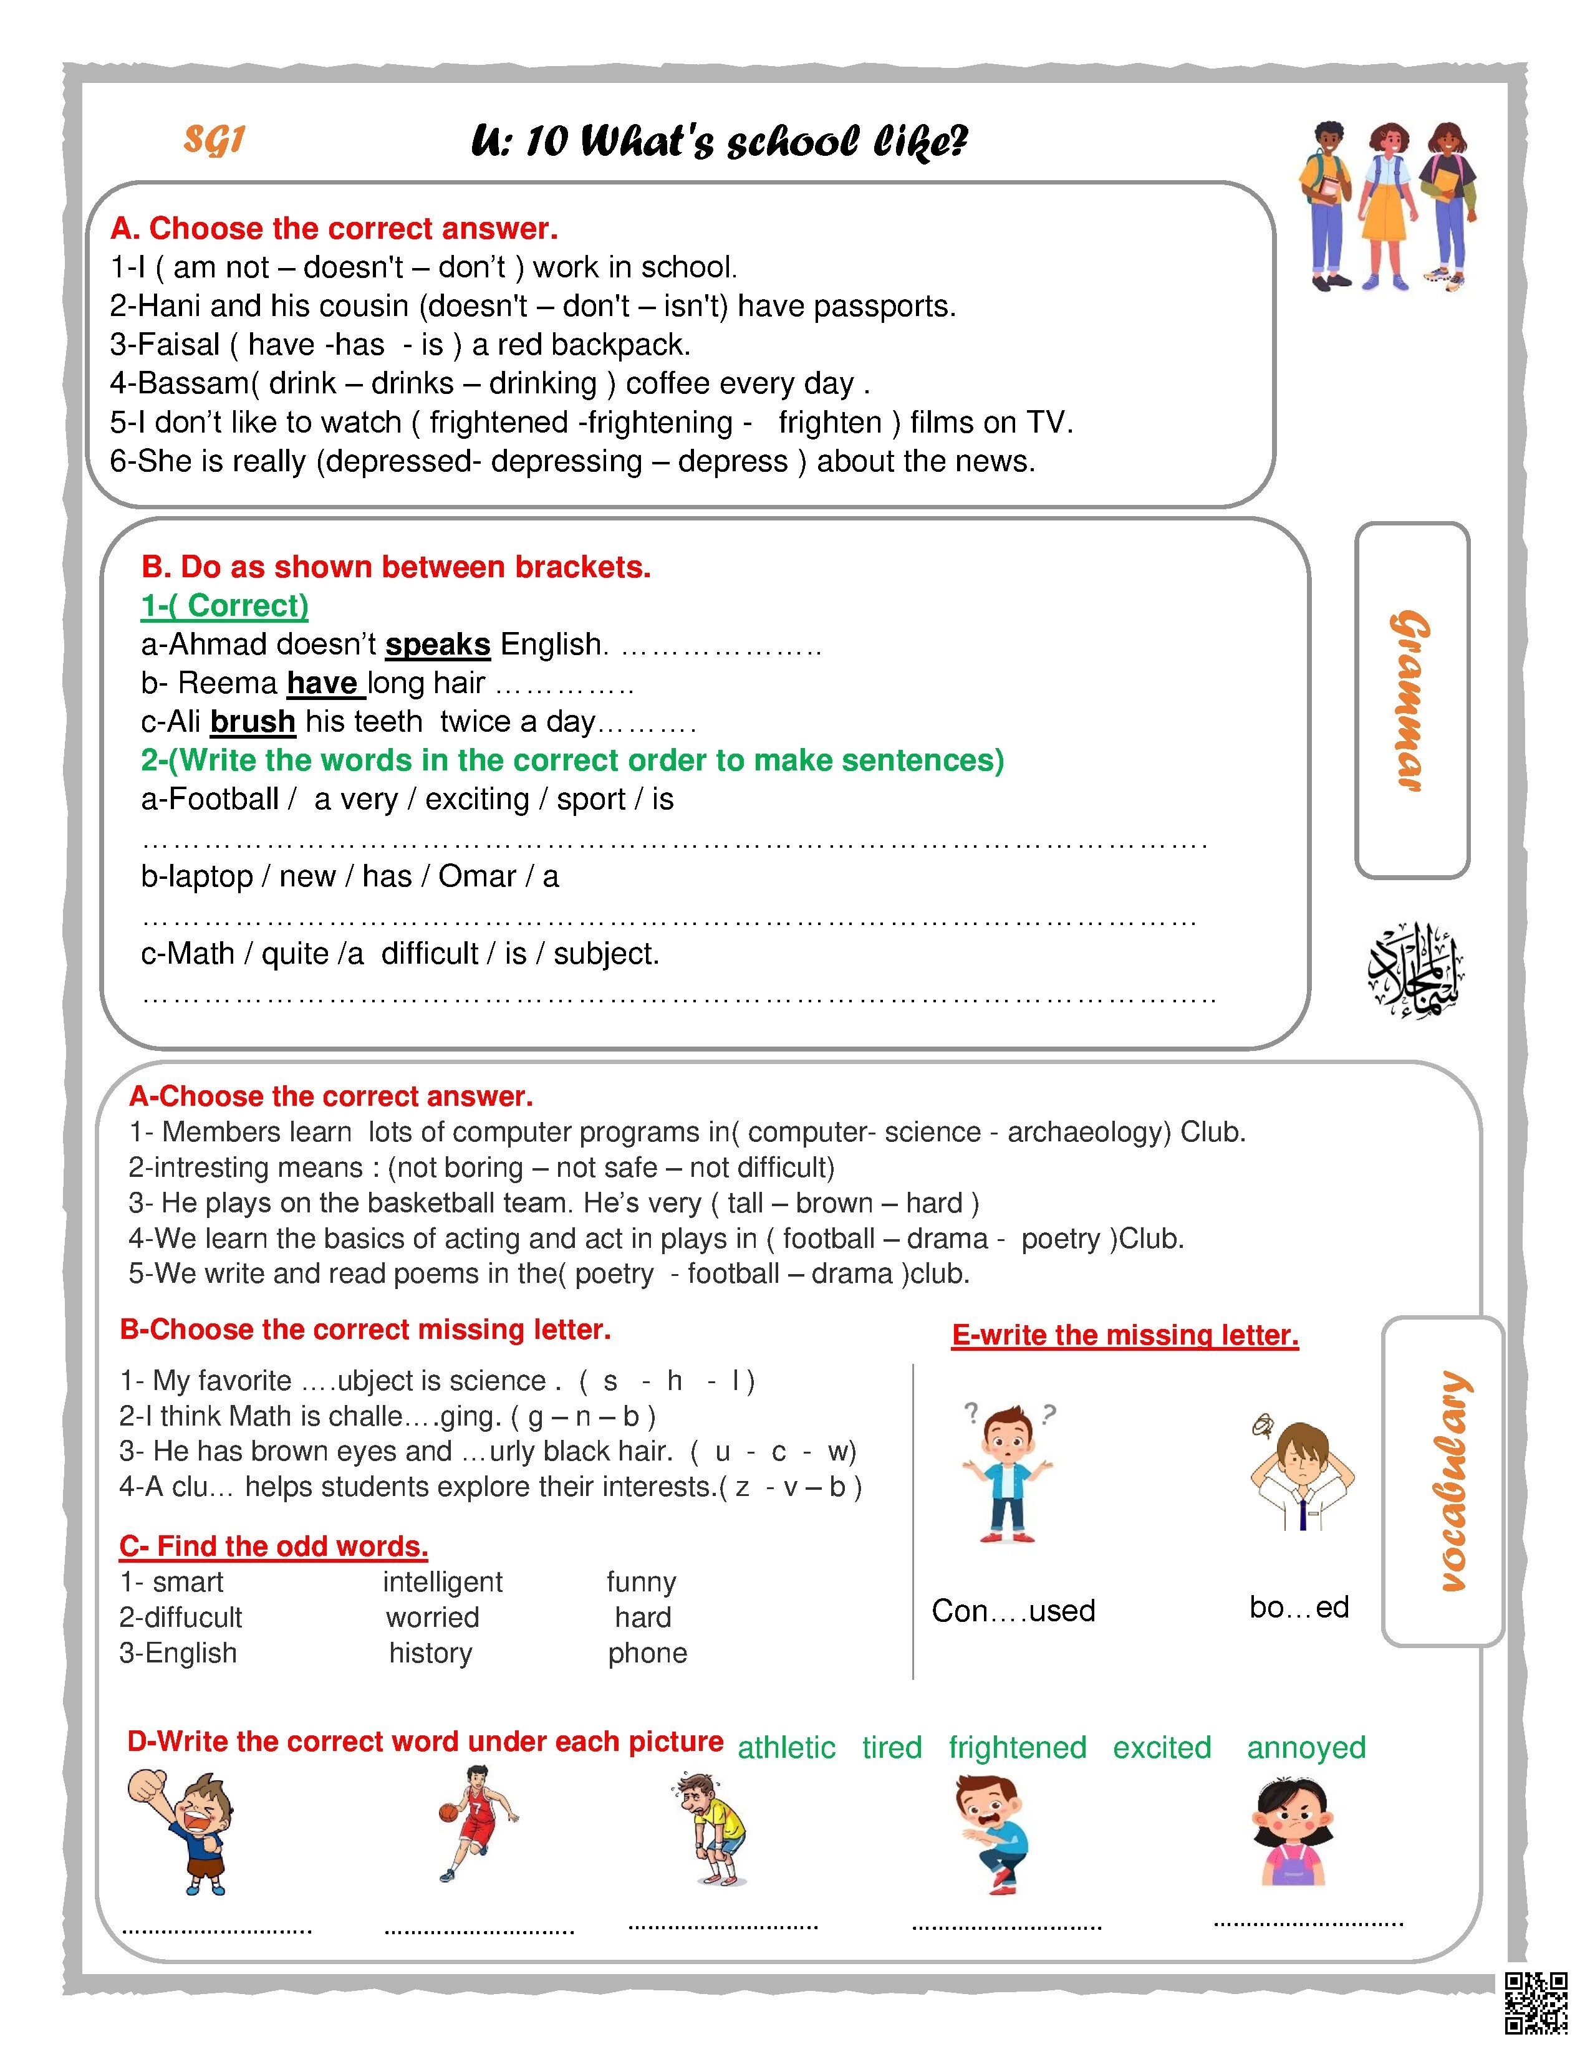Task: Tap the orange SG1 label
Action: click(x=214, y=140)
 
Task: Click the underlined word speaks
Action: click(x=437, y=645)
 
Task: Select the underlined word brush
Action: click(x=253, y=721)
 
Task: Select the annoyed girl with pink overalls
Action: click(x=1293, y=1832)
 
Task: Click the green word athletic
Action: click(x=786, y=1748)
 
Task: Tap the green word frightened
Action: click(x=1018, y=1748)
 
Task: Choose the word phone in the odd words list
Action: click(x=647, y=1653)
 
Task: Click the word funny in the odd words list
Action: click(x=642, y=1582)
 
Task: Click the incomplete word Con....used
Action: click(x=1013, y=1611)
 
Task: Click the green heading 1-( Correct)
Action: click(x=225, y=606)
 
